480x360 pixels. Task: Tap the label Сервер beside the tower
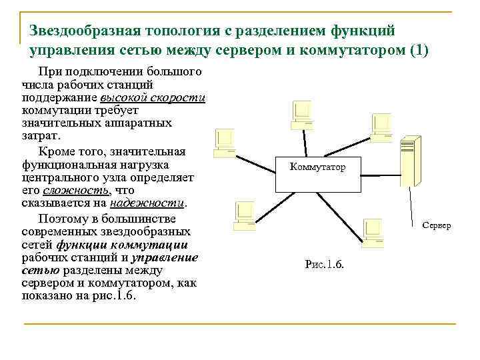pyautogui.click(x=437, y=225)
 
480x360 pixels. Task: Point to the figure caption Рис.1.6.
pyautogui.click(x=324, y=264)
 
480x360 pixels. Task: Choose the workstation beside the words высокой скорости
pyautogui.click(x=225, y=141)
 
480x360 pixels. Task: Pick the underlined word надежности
pyautogui.click(x=148, y=203)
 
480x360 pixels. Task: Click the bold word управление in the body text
pyautogui.click(x=165, y=257)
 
